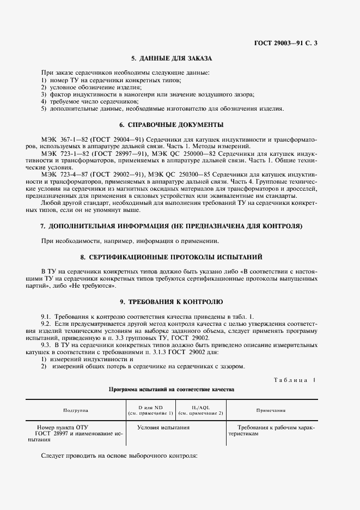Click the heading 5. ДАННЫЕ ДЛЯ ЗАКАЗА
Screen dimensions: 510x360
(171, 58)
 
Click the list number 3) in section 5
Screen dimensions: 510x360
(44, 94)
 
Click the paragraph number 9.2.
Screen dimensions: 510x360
(47, 324)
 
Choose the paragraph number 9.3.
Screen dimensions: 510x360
(47, 345)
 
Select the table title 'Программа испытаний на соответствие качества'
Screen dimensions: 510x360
(171, 390)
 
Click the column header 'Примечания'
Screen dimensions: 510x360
(272, 410)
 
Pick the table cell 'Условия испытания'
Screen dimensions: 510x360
(163, 428)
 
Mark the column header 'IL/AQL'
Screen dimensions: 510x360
(201, 407)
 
